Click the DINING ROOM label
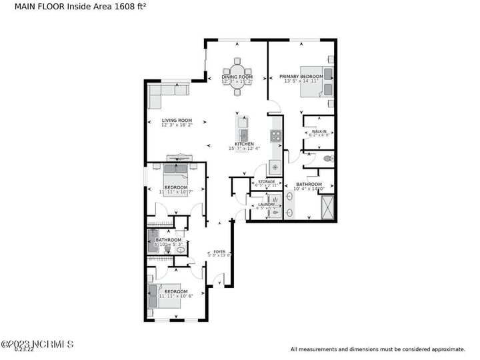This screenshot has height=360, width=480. tap(237, 77)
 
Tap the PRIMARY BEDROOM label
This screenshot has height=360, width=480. tap(301, 77)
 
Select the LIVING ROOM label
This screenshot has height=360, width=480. tap(177, 121)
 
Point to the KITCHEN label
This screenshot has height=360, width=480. tap(244, 144)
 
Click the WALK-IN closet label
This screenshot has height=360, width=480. tap(319, 132)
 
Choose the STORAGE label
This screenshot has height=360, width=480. tap(266, 182)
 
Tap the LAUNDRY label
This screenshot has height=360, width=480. tap(266, 205)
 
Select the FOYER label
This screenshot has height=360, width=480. tap(219, 251)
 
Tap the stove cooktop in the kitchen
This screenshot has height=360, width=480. tap(275, 136)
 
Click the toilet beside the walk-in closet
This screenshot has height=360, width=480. tap(326, 159)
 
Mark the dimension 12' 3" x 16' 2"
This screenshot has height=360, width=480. tap(177, 125)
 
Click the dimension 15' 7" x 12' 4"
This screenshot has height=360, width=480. tap(244, 149)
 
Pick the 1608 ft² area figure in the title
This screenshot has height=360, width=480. tap(131, 7)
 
